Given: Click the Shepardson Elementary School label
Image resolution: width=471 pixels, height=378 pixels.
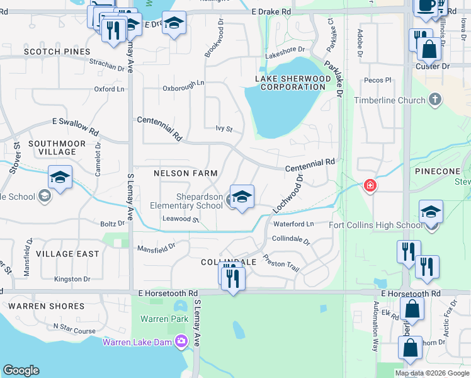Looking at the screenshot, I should click(186, 201).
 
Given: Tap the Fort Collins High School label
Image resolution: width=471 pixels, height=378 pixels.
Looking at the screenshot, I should click(376, 225).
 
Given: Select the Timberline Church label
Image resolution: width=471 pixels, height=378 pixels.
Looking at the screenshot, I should click(390, 100).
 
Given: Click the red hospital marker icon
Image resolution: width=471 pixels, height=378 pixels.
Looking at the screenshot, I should click(370, 185).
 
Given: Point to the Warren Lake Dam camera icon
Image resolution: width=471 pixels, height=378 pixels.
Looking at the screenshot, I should click(183, 341).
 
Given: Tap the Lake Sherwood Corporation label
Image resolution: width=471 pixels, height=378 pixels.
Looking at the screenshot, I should click(292, 83).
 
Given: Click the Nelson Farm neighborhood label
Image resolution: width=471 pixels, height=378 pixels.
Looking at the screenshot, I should click(186, 173).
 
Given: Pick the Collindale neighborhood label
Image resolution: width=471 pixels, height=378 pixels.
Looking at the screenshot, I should click(229, 261).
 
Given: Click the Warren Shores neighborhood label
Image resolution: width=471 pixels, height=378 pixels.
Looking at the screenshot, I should click(47, 306).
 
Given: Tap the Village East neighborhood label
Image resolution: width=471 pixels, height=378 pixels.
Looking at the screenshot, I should click(67, 253).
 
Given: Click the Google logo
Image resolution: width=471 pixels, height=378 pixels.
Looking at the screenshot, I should click(21, 370).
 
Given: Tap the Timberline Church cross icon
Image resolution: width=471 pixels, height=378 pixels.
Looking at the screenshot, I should click(434, 100).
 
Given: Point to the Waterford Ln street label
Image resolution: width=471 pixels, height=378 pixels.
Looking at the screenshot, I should click(293, 224).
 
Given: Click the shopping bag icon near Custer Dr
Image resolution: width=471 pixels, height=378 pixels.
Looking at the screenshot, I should click(429, 48).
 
